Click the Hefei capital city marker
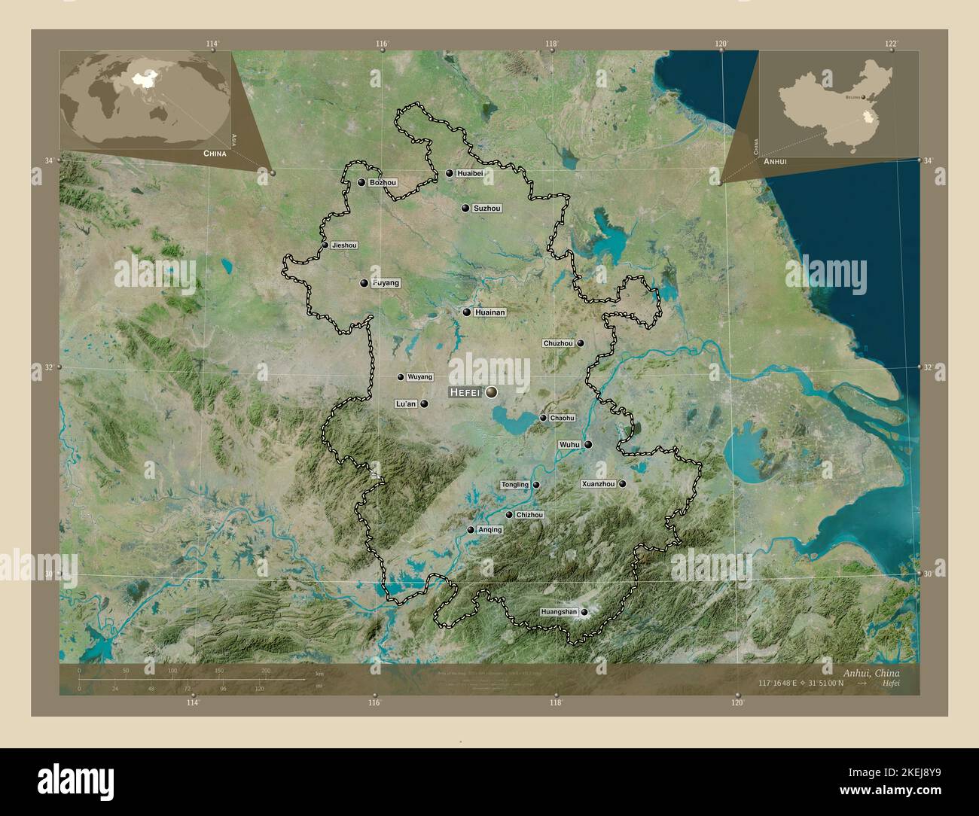click(492, 391)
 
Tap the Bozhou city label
click(383, 183)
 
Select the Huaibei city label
click(468, 174)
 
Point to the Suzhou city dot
click(465, 208)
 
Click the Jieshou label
click(344, 245)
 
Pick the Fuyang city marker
click(364, 284)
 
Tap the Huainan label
click(490, 312)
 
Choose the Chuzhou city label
click(558, 343)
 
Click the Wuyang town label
click(419, 377)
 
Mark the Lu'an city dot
click(425, 403)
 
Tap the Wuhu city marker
click(588, 445)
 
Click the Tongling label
click(514, 486)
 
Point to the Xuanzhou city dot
click(623, 484)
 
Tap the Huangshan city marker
click(584, 613)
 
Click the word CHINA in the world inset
click(215, 153)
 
